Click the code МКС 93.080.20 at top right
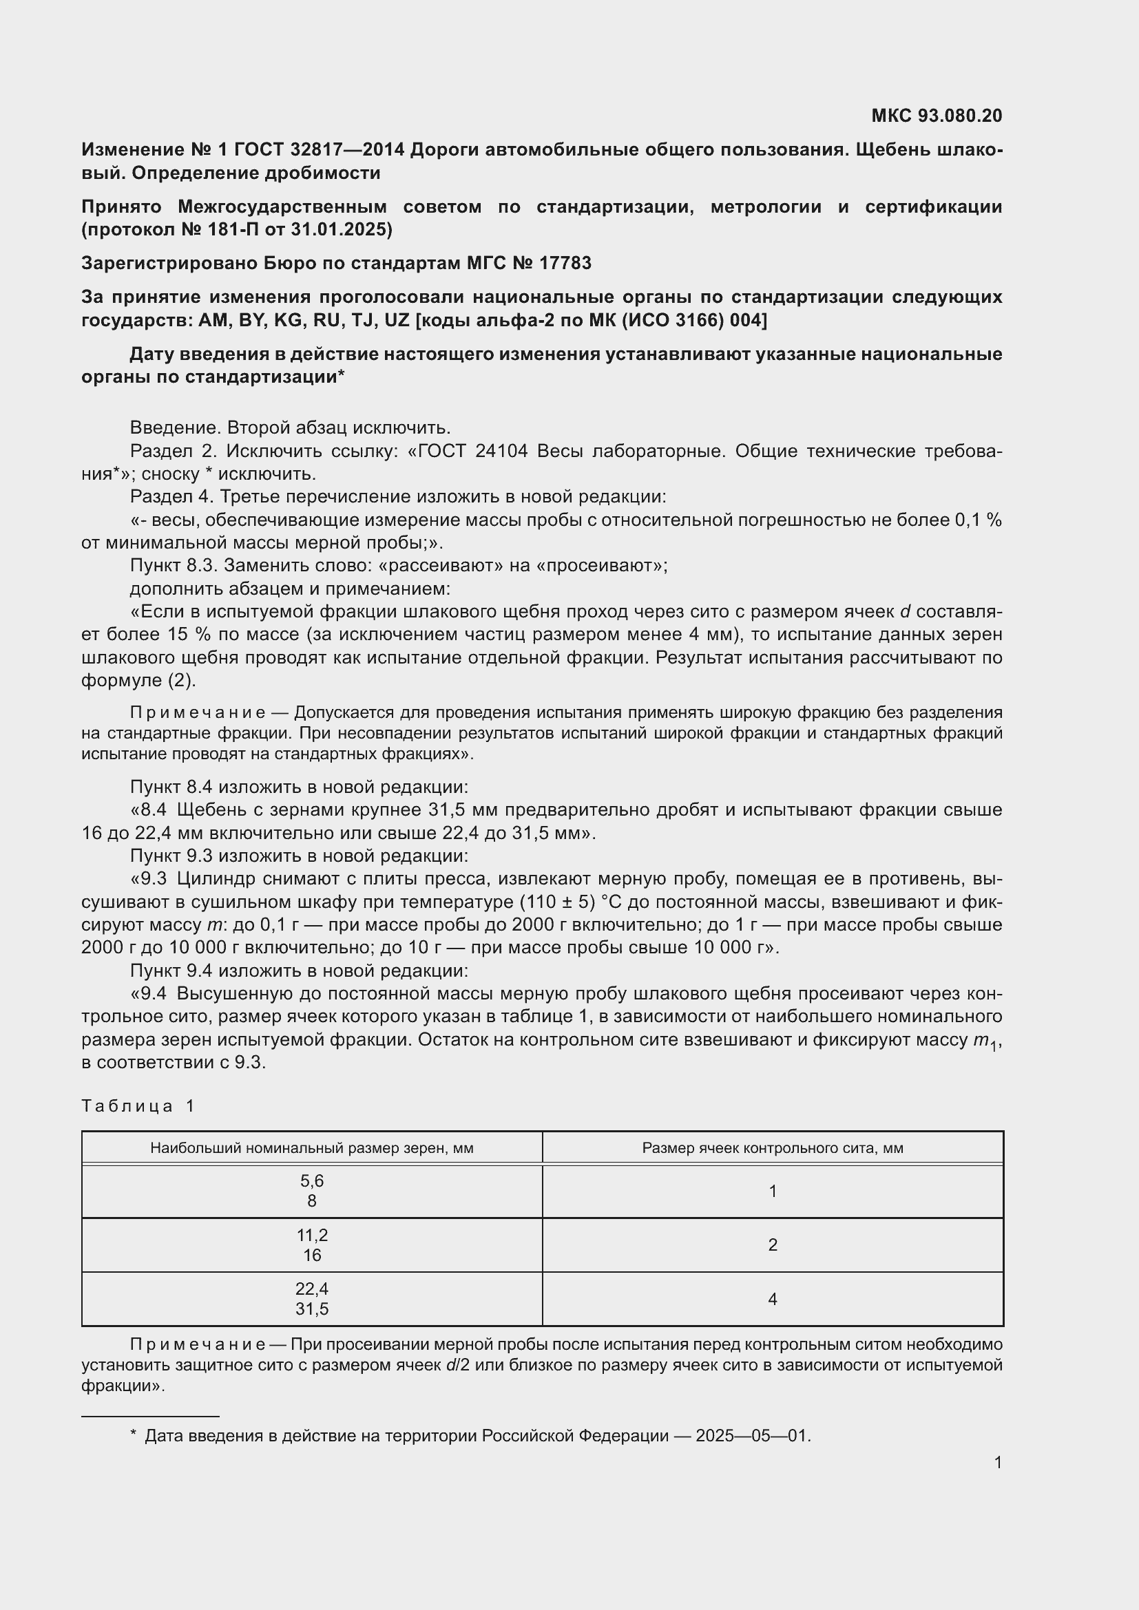(937, 116)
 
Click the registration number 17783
(565, 263)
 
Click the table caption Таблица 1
(138, 1106)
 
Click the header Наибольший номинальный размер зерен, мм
(311, 1148)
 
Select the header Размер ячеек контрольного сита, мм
(772, 1148)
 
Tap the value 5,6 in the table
(311, 1181)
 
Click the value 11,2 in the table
(311, 1235)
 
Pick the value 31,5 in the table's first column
(311, 1309)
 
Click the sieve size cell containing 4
(772, 1299)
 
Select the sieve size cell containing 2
(772, 1244)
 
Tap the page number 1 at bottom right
(997, 1462)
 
